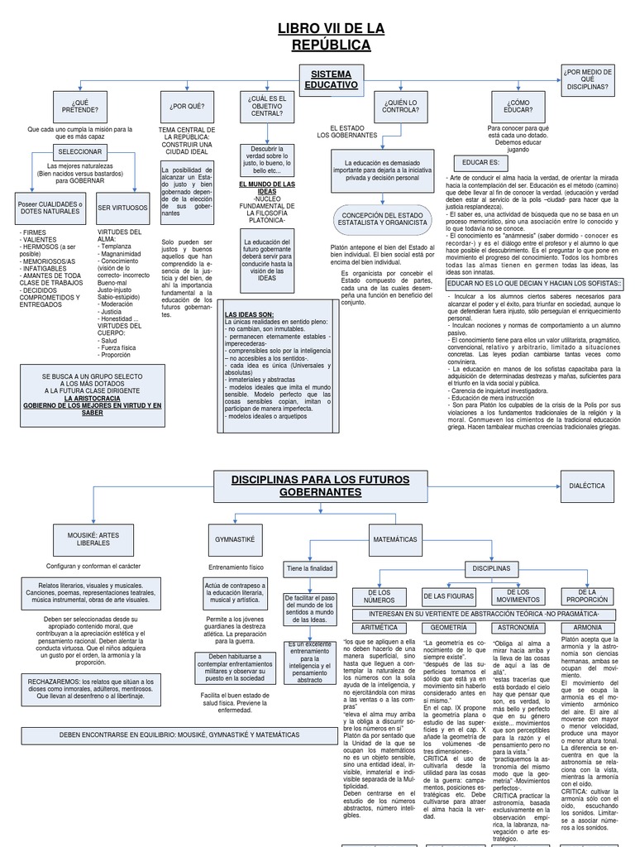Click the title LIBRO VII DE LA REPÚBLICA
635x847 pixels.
pos(331,36)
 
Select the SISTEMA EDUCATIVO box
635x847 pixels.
pos(331,79)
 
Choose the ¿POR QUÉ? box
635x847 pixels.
pos(187,105)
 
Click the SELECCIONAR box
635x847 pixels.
pos(79,153)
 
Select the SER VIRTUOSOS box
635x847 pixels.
pos(122,208)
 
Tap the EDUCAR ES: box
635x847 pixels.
pos(480,162)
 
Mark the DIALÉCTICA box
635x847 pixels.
pos(588,486)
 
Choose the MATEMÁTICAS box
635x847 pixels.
pos(394,538)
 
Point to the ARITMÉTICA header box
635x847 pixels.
pos(380,628)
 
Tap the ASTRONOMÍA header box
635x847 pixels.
pos(518,628)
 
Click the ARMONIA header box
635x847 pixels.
pos(588,628)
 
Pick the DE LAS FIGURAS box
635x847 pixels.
pos(449,596)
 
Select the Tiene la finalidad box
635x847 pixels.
pos(309,569)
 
